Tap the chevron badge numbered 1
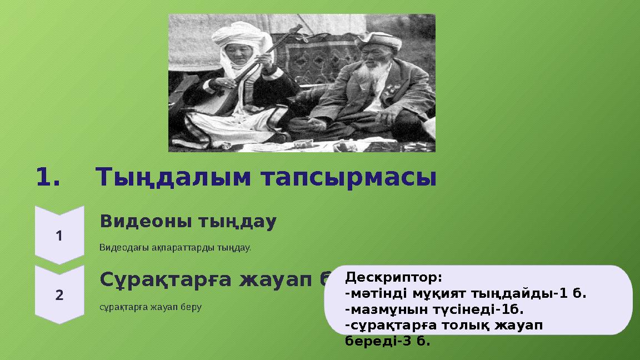[59, 236]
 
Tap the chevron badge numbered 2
[59, 294]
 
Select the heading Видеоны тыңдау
[188, 222]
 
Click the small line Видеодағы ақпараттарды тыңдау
[175, 247]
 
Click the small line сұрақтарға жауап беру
[150, 307]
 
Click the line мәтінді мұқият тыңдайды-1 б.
[466, 293]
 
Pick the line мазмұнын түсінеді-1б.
[434, 308]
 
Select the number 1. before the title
[48, 178]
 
